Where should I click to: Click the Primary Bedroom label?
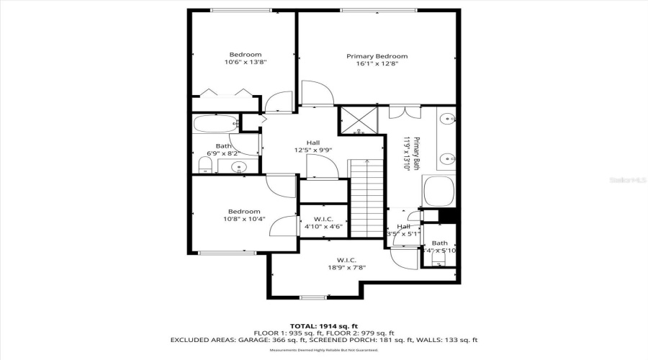(377, 56)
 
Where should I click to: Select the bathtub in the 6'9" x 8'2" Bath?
(215, 123)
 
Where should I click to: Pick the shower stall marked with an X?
(358, 120)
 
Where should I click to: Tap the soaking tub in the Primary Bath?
(438, 192)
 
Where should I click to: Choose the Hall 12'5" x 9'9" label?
(312, 147)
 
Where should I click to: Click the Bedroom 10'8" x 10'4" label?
(244, 215)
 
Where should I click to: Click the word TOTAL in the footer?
(304, 325)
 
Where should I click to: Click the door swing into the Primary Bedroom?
(316, 94)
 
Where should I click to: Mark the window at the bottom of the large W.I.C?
(312, 297)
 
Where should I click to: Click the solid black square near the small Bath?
(449, 215)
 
